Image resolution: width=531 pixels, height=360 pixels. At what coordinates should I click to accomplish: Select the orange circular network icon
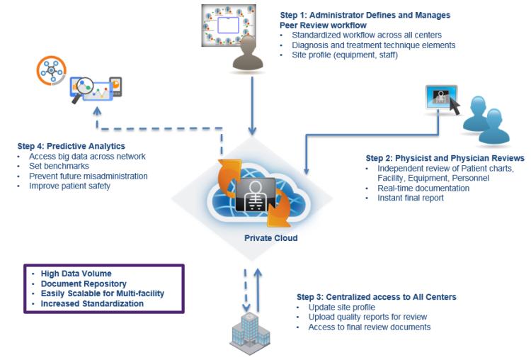point(51,71)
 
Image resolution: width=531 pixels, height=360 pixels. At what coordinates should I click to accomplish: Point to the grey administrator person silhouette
point(247,54)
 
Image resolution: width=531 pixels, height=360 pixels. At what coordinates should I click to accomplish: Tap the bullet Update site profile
point(343,307)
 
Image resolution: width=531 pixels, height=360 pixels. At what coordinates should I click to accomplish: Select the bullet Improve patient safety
point(69,186)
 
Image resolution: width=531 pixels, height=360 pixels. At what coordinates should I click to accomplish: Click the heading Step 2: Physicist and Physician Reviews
point(445,158)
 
